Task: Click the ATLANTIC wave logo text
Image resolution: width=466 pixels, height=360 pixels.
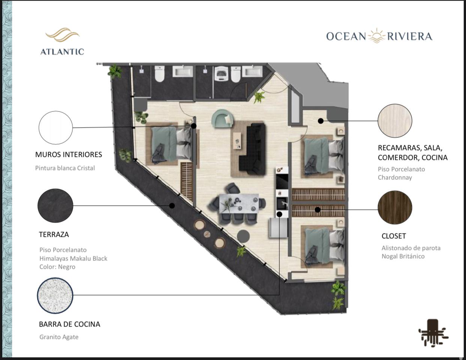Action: (62, 52)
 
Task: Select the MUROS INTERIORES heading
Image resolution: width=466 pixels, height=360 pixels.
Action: (69, 154)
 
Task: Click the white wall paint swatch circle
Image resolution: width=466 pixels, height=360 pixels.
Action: (56, 128)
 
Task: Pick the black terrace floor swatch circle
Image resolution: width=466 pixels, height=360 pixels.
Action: (55, 206)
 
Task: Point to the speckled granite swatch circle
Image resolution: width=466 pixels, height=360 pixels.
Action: (55, 295)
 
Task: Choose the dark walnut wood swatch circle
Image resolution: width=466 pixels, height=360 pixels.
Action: (395, 208)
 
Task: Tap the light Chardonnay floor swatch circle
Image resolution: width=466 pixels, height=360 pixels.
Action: (395, 121)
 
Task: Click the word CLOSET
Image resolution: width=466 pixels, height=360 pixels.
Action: (394, 236)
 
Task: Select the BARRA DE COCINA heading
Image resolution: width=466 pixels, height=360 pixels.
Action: (69, 324)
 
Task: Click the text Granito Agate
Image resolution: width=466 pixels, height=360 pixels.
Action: (59, 337)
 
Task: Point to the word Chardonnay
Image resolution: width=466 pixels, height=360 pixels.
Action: (395, 178)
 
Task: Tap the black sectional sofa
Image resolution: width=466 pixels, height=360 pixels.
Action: (253, 148)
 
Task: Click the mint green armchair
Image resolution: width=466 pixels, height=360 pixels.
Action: (223, 118)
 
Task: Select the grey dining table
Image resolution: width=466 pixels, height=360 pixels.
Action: (239, 203)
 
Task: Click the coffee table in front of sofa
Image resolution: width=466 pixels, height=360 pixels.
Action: (238, 141)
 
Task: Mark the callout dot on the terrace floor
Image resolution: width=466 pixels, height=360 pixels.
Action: (172, 206)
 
